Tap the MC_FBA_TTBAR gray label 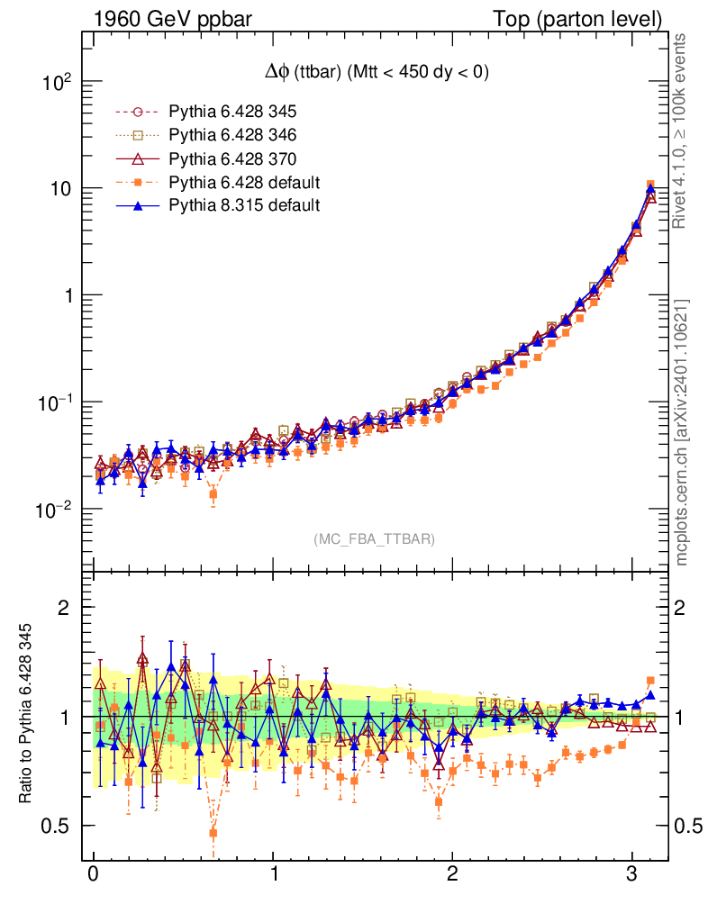click(x=374, y=539)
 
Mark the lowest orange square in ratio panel click(x=213, y=834)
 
